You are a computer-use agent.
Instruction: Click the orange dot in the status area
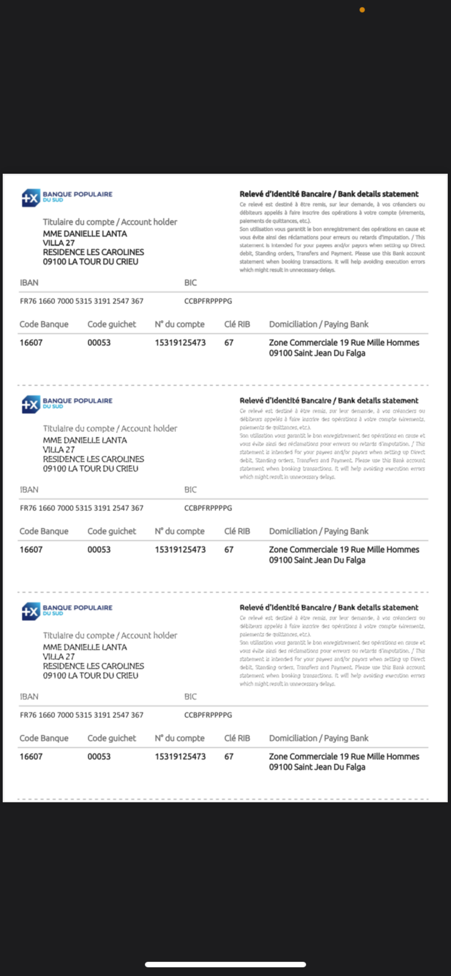[x=362, y=10]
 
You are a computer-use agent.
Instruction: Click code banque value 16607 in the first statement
[x=31, y=342]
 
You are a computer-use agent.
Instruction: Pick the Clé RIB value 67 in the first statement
[x=228, y=342]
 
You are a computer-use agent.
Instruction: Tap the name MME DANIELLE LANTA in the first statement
[x=85, y=234]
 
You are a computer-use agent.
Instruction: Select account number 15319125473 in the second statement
[x=180, y=549]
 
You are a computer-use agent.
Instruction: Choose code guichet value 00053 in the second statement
[x=99, y=549]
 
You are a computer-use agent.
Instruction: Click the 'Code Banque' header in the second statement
[x=44, y=531]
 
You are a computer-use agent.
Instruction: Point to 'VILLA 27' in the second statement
[x=59, y=450]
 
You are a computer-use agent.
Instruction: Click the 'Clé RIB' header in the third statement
[x=237, y=738]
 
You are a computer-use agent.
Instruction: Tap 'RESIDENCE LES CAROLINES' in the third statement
[x=93, y=666]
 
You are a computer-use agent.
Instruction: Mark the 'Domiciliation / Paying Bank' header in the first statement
[x=318, y=324]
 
